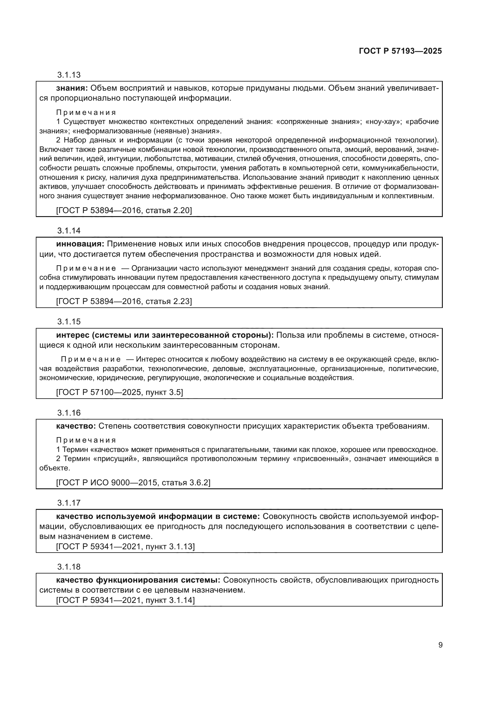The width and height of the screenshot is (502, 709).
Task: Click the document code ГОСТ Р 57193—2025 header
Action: (x=400, y=51)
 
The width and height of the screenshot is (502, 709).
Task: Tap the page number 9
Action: (x=440, y=645)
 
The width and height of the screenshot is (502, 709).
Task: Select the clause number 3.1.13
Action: (x=69, y=75)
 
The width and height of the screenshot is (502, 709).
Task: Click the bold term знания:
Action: (x=72, y=88)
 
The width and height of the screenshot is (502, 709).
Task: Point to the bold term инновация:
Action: (x=80, y=244)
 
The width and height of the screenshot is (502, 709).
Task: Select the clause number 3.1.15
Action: (x=69, y=322)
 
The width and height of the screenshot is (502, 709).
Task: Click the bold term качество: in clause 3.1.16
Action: (x=76, y=426)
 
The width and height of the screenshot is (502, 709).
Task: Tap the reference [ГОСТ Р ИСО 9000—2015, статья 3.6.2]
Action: (x=133, y=483)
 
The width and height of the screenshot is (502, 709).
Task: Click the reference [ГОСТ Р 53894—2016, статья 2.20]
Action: (x=124, y=211)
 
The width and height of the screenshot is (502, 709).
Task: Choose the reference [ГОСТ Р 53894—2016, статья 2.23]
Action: (x=124, y=301)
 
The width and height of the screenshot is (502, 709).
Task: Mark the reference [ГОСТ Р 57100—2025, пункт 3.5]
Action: (x=119, y=393)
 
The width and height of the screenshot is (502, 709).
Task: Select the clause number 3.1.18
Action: (x=69, y=567)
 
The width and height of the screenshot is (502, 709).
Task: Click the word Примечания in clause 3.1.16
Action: (x=86, y=440)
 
